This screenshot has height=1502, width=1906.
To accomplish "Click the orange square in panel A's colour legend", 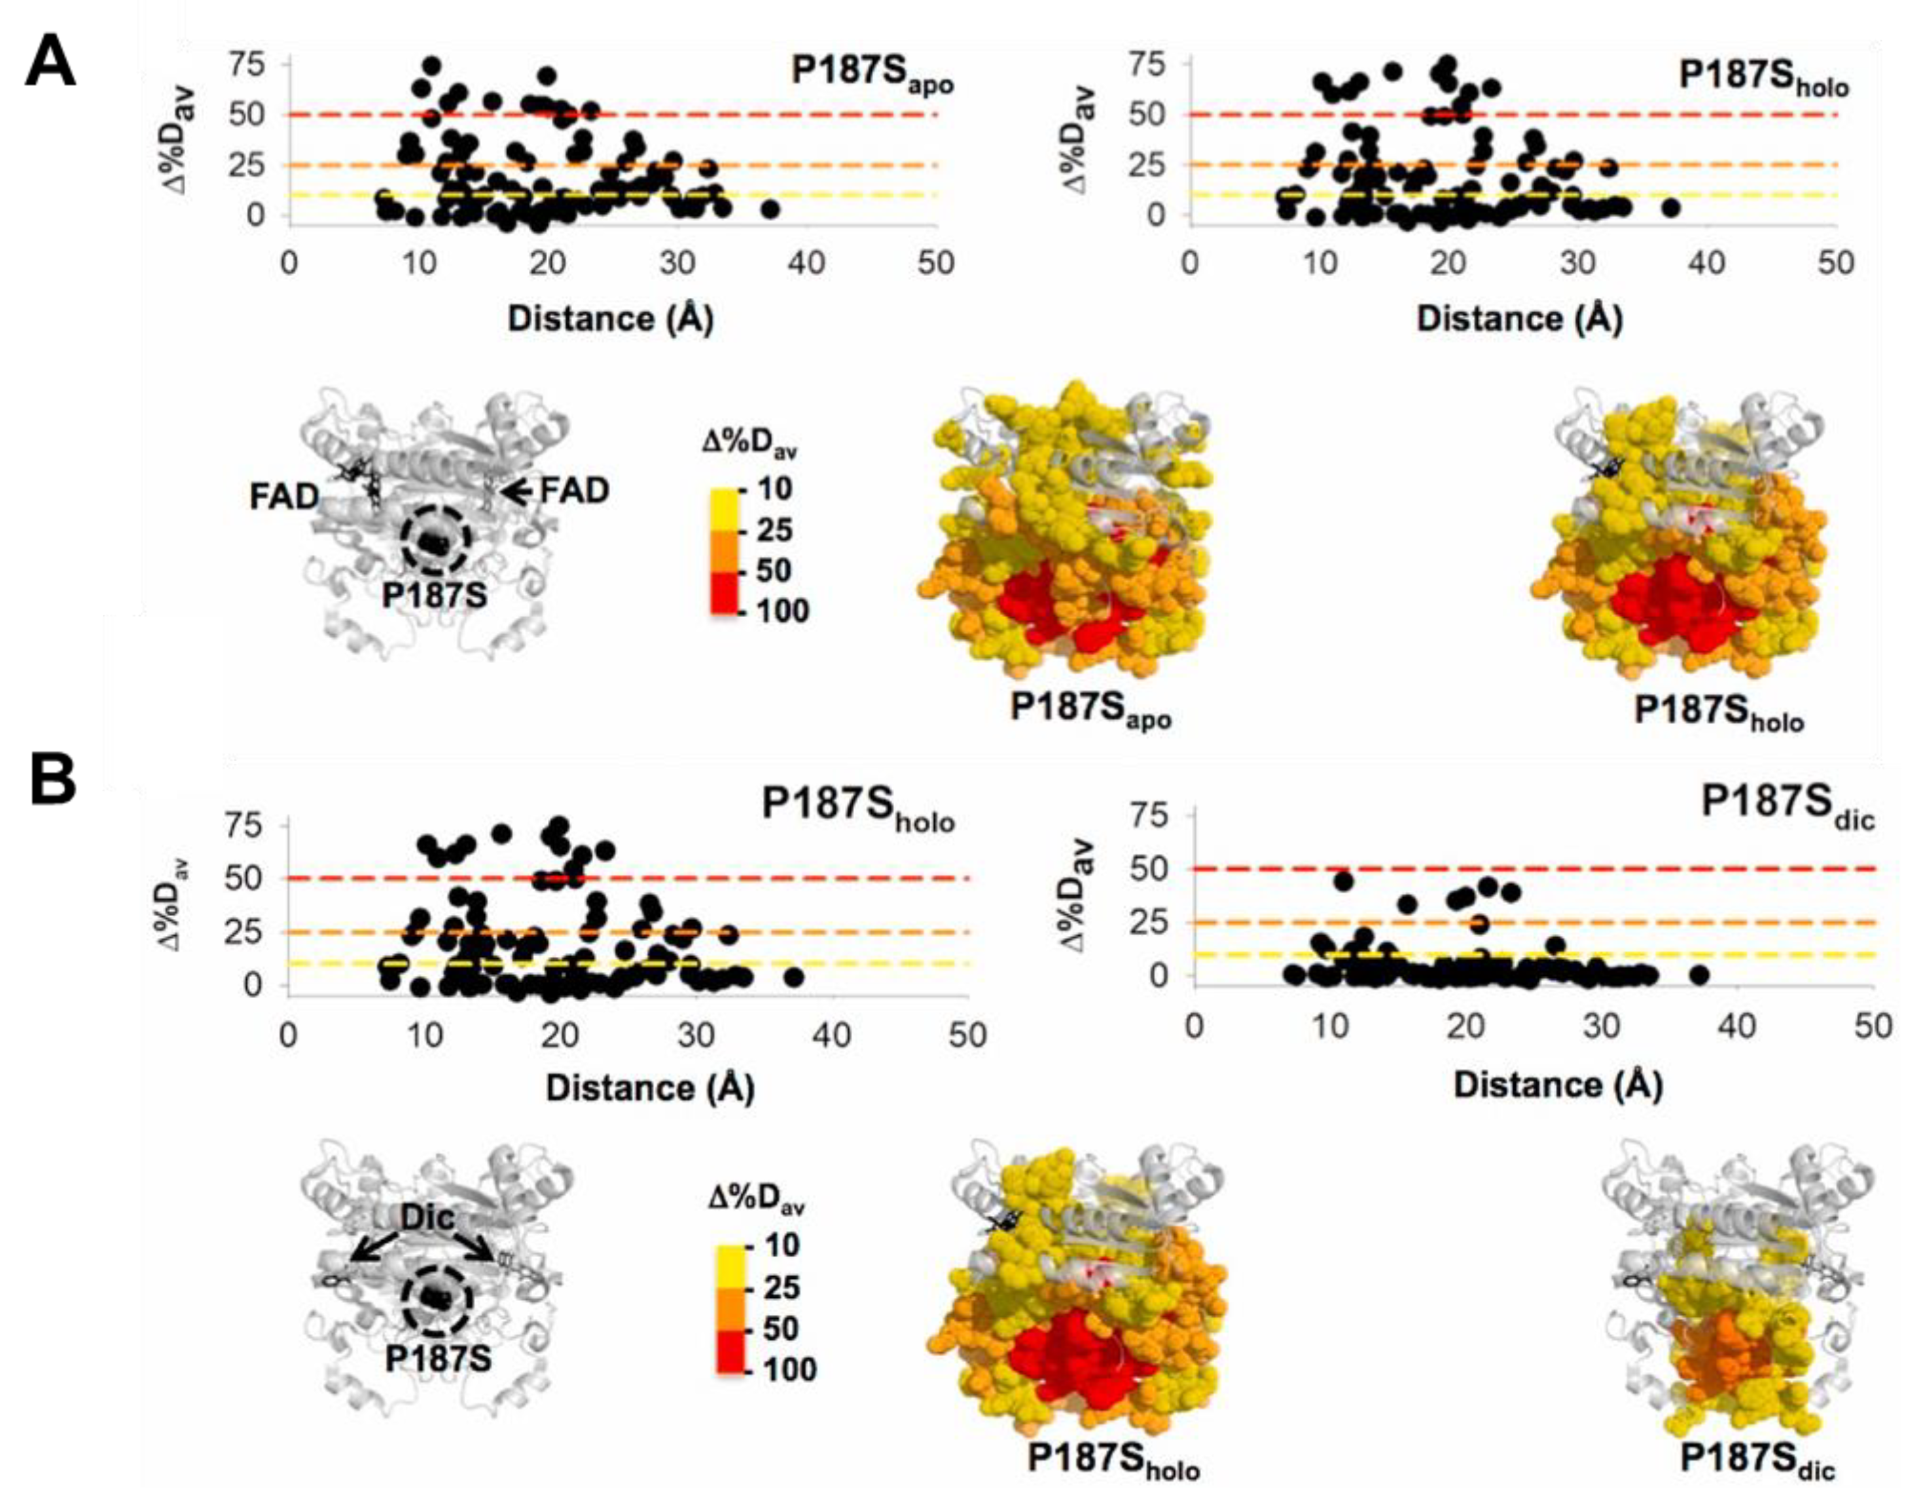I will pos(727,550).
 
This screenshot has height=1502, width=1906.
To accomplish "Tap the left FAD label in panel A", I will pos(284,497).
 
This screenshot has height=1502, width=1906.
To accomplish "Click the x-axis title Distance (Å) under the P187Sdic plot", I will pos(1558,1085).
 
